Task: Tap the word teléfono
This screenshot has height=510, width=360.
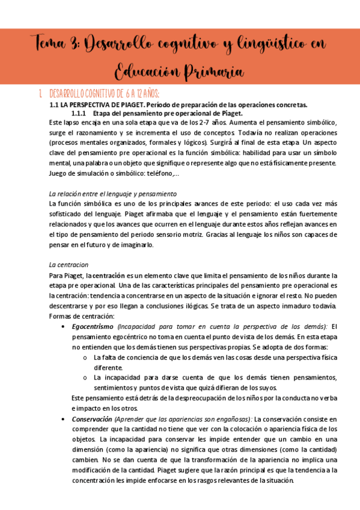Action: [x=163, y=174]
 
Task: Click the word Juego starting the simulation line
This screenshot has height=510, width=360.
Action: [x=58, y=174]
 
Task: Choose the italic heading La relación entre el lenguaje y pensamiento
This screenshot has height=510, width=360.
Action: [x=112, y=194]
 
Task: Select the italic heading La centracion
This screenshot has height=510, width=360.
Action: [x=69, y=265]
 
